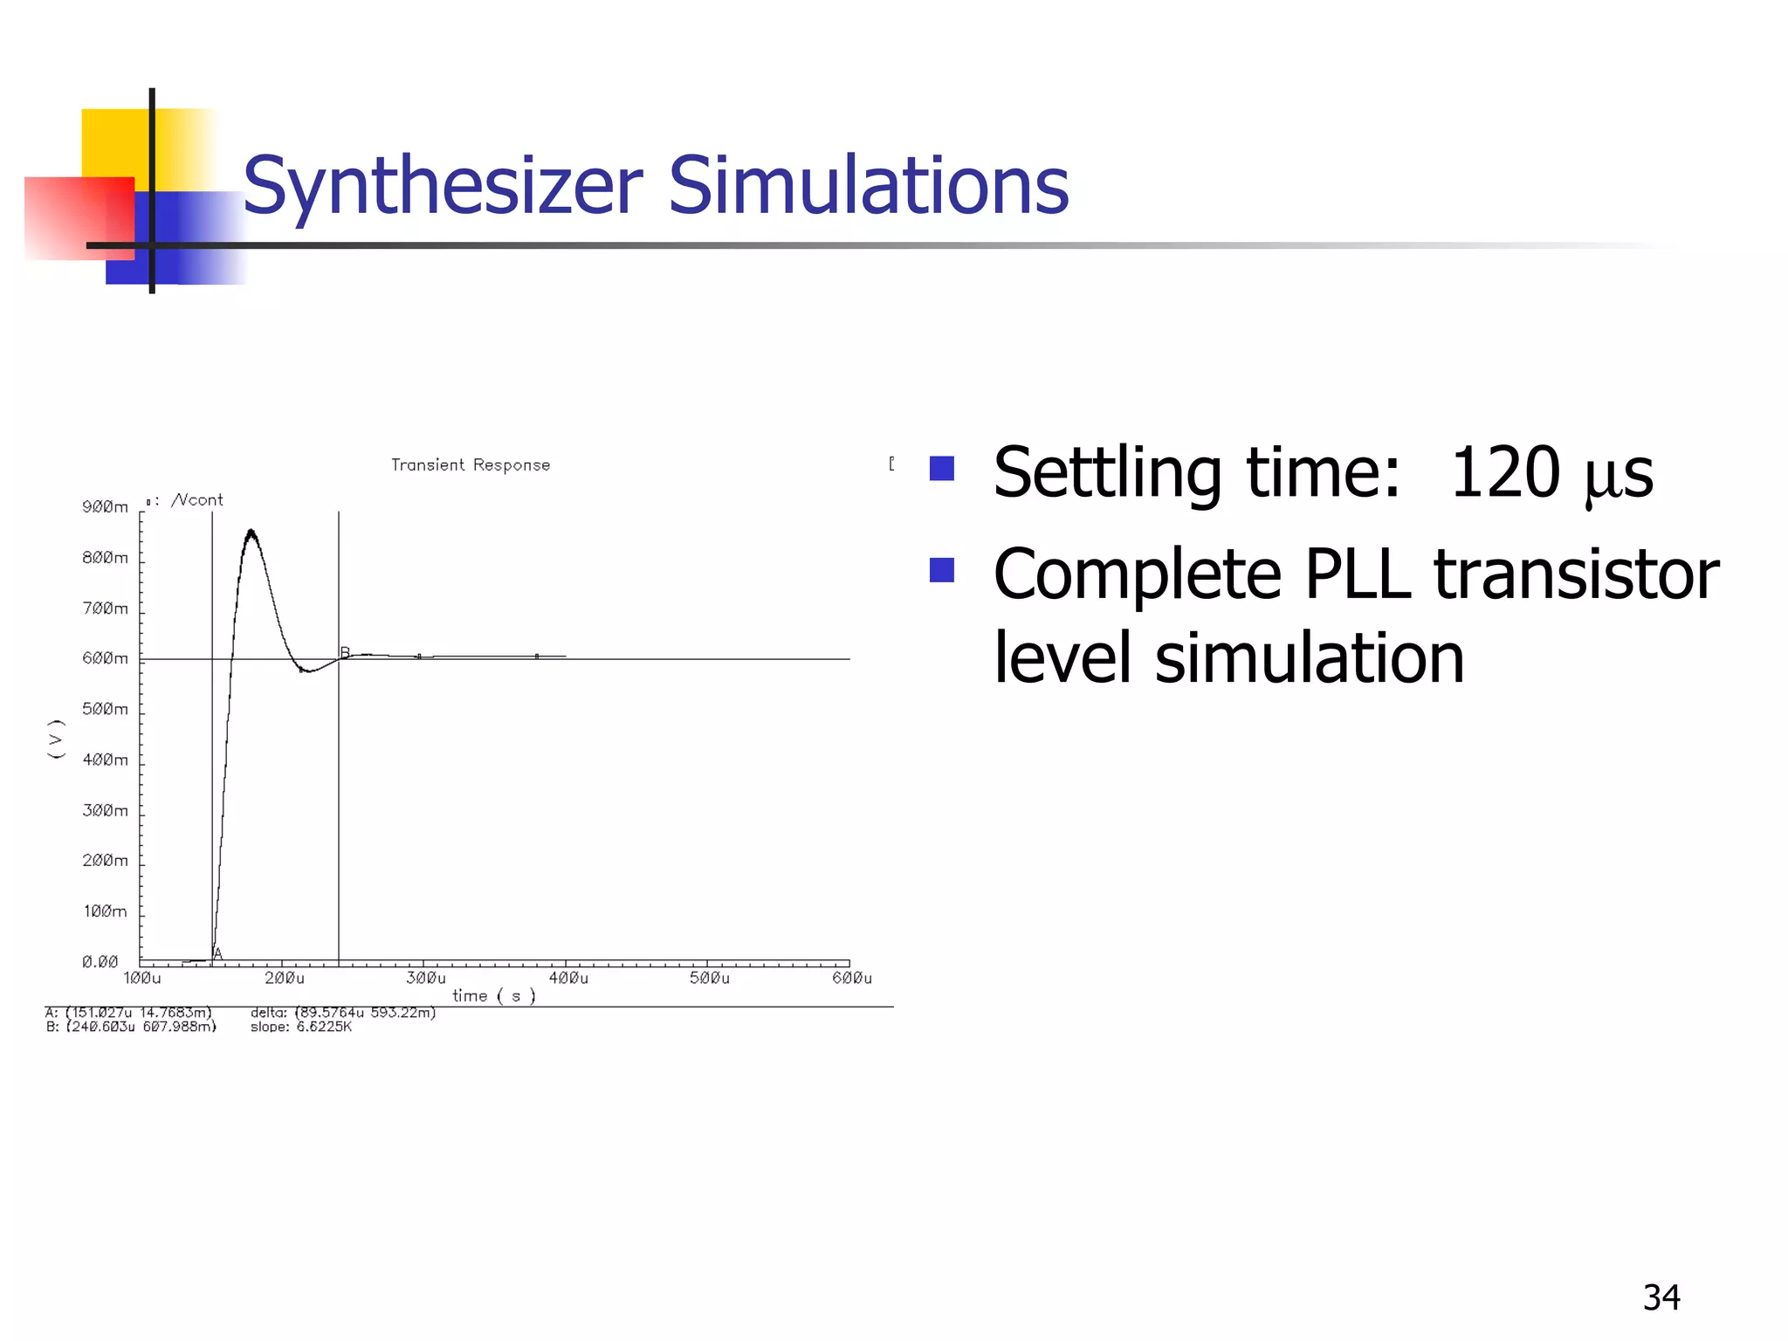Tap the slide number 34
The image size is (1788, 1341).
coord(1661,1297)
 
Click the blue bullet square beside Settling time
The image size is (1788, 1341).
coord(941,469)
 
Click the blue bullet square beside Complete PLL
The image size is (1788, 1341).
coord(941,570)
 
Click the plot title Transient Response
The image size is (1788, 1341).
coord(470,464)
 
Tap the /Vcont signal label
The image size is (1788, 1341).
coord(197,499)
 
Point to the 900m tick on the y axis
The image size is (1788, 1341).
coord(106,507)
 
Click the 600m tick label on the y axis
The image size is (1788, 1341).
coord(106,658)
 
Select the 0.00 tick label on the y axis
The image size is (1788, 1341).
coord(100,961)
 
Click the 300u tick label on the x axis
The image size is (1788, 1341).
coord(425,978)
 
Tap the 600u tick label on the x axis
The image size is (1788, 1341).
coord(851,978)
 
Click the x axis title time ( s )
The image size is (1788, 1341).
coord(493,995)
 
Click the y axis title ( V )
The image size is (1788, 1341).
coord(56,739)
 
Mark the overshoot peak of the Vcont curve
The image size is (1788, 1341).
coord(251,531)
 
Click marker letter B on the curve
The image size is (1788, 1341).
coord(345,652)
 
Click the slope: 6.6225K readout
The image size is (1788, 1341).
coord(301,1027)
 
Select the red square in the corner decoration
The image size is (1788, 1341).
coord(79,218)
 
